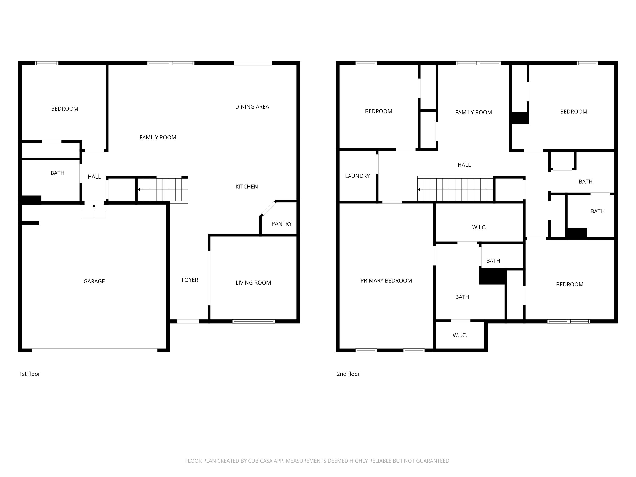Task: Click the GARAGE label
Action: [x=94, y=282]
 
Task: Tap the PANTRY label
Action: [x=282, y=224]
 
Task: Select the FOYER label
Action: [x=190, y=280]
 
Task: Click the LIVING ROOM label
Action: [x=253, y=283]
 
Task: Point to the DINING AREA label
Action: [x=252, y=107]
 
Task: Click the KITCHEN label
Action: [x=246, y=187]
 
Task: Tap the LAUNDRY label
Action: [x=357, y=176]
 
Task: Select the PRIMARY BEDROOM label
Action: [x=386, y=281]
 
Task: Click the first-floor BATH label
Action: [x=57, y=173]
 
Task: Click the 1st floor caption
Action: [x=29, y=374]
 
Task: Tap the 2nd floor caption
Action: [x=348, y=374]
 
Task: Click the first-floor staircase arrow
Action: [x=139, y=190]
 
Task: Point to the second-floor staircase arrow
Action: [x=419, y=190]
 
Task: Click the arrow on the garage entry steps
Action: [x=94, y=206]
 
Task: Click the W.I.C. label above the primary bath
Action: [x=479, y=227]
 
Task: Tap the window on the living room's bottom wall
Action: [x=254, y=321]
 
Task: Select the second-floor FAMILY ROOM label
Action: [x=473, y=112]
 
